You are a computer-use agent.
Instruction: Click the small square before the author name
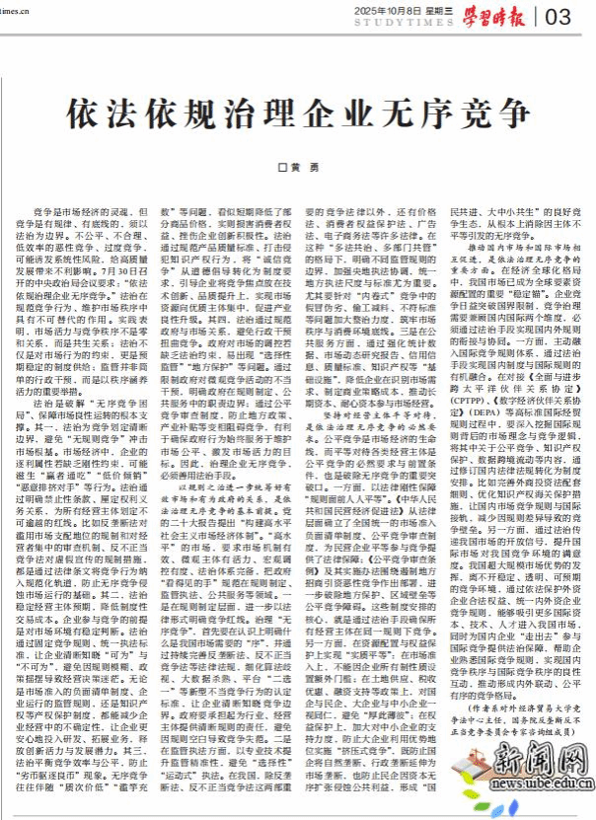tap(279, 171)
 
